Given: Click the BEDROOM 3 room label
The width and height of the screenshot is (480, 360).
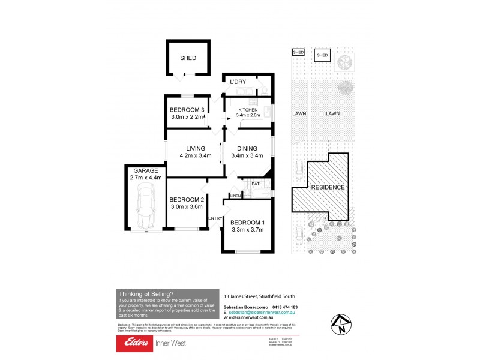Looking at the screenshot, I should (x=187, y=109).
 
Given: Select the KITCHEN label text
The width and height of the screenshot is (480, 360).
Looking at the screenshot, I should (x=248, y=110).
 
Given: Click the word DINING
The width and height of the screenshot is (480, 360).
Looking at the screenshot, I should (x=247, y=149).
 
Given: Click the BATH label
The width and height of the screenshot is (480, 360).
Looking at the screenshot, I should (x=257, y=184).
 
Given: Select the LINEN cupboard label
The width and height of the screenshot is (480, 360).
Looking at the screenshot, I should (x=235, y=196).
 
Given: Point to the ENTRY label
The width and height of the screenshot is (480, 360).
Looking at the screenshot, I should (x=215, y=218).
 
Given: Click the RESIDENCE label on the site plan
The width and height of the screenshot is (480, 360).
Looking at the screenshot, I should (x=327, y=187).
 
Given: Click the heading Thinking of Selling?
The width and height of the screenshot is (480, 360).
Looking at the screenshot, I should (x=146, y=293).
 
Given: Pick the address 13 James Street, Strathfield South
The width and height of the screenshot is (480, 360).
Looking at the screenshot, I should (x=259, y=296).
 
